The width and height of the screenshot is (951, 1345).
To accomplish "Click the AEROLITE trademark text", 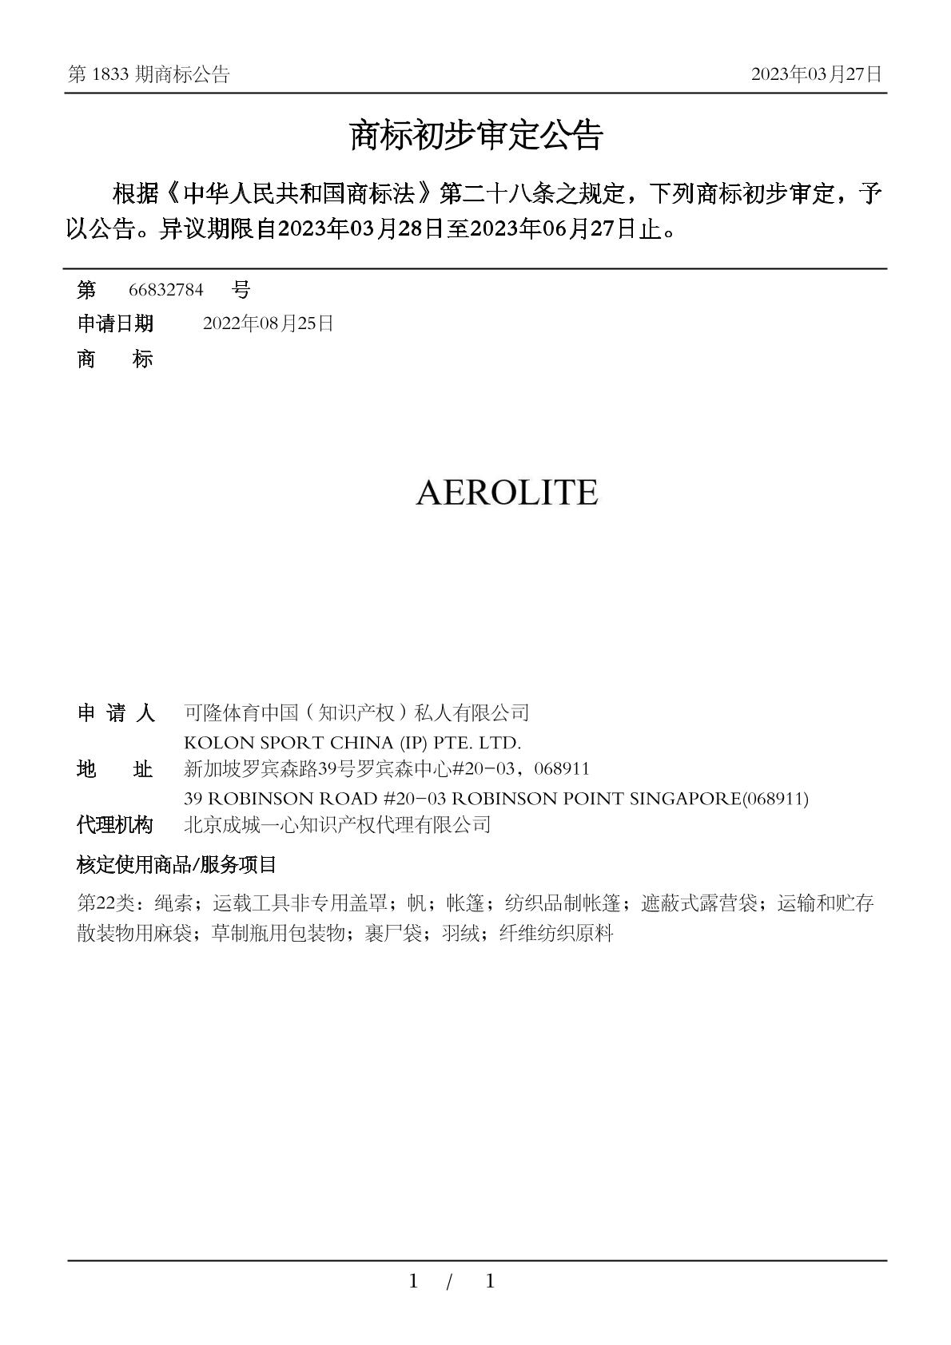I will pyautogui.click(x=507, y=492).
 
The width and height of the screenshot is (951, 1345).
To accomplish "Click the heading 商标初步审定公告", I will pyautogui.click(x=475, y=136).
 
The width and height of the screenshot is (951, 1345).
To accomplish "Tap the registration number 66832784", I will pyautogui.click(x=166, y=289).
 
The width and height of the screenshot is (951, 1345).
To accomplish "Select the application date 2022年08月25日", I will pyautogui.click(x=269, y=323).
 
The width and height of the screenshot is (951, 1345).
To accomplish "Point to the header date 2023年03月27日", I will pyautogui.click(x=816, y=74).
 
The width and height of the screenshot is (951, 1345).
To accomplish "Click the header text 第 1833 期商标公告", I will pyautogui.click(x=149, y=74).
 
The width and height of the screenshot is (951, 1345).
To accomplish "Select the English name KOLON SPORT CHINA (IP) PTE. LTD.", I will pyautogui.click(x=352, y=743).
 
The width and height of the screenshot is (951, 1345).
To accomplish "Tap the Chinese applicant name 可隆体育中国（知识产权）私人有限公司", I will pyautogui.click(x=356, y=712).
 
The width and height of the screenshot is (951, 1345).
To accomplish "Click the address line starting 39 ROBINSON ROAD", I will pyautogui.click(x=495, y=798).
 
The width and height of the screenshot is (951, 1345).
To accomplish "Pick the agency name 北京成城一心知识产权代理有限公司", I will pyautogui.click(x=337, y=825).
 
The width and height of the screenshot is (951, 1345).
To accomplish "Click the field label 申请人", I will pyautogui.click(x=115, y=712).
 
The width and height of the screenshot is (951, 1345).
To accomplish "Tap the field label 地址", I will pyautogui.click(x=115, y=770).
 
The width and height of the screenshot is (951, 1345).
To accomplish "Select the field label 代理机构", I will pyautogui.click(x=115, y=825).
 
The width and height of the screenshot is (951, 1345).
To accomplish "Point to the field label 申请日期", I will pyautogui.click(x=115, y=323).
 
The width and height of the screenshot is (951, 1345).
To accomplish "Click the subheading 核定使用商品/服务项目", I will pyautogui.click(x=177, y=864).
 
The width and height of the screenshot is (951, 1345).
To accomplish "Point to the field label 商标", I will pyautogui.click(x=115, y=359).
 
